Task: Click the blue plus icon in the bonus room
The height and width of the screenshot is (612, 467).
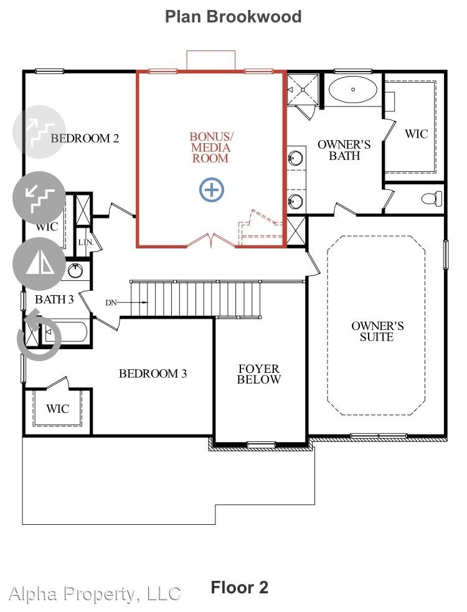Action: click(211, 190)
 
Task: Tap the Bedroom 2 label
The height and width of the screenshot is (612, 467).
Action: click(85, 138)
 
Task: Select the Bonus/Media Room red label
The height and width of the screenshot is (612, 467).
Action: click(211, 148)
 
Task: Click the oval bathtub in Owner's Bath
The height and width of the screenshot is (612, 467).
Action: click(352, 90)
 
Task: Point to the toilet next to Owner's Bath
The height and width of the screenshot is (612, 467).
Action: click(432, 198)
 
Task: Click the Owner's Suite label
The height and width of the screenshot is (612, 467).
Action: click(377, 331)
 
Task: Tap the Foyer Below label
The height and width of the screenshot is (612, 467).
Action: click(258, 374)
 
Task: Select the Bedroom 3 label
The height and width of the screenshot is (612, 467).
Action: click(153, 374)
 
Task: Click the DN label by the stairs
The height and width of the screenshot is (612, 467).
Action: click(111, 303)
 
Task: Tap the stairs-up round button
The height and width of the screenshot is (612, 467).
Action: click(39, 132)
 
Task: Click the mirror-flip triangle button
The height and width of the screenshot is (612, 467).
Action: click(39, 264)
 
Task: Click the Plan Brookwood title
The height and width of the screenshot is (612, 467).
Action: click(233, 16)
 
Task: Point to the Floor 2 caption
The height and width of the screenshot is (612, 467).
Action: click(239, 588)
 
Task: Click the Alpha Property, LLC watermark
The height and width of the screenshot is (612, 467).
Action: click(95, 594)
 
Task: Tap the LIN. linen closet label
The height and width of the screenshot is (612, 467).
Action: click(86, 242)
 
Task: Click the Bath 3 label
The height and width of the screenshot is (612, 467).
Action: click(54, 299)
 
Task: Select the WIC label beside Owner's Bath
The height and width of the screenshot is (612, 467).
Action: click(416, 134)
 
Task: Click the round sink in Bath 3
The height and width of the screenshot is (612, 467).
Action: click(75, 270)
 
